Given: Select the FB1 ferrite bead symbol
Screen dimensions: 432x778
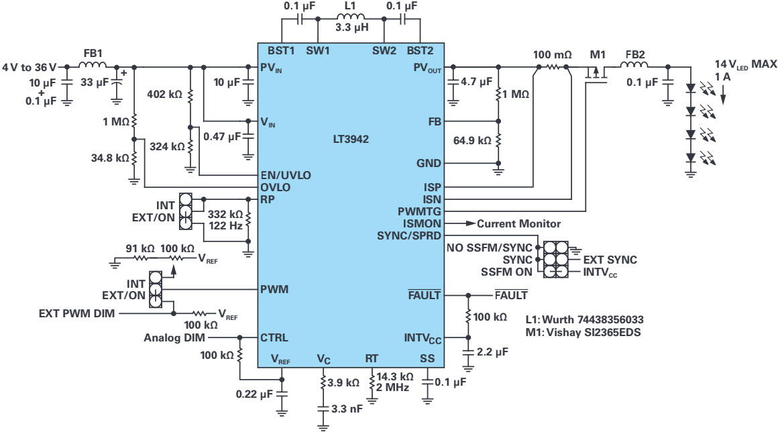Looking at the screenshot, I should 93,66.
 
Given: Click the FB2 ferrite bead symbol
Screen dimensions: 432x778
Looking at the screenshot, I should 634,66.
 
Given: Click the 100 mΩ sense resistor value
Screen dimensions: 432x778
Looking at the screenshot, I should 551,54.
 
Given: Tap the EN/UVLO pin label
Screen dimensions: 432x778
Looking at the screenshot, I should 286,175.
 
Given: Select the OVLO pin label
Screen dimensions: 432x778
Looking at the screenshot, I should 275,187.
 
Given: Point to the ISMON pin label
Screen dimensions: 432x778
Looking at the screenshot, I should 423,223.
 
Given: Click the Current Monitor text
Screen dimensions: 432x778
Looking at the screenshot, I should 518,223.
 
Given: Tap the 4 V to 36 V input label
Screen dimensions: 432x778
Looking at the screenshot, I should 30,67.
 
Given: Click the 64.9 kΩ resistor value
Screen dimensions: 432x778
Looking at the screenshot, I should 474,141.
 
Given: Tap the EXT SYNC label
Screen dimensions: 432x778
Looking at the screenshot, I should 610,260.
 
